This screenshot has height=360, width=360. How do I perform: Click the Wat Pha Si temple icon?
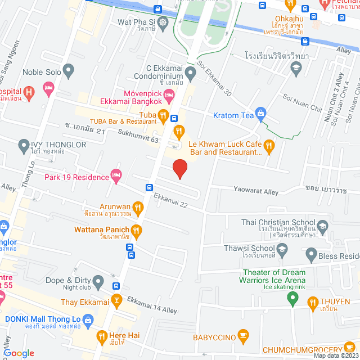[163, 22]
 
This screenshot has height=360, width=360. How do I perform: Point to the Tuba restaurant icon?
[163, 116]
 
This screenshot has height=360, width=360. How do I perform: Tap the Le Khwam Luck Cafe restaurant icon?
[269, 147]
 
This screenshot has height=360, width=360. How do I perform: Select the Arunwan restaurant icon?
[137, 207]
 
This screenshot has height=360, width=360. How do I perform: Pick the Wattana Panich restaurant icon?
[136, 230]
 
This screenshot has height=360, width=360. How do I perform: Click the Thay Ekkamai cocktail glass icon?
[116, 300]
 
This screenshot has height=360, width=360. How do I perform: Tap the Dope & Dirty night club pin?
[98, 280]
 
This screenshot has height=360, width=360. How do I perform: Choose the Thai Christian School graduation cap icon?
[322, 227]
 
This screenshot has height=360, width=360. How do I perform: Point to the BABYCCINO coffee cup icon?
[243, 337]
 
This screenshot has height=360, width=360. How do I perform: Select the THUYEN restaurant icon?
[313, 304]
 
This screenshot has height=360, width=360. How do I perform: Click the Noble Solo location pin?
[69, 71]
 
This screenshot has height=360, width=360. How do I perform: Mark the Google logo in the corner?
[19, 353]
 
